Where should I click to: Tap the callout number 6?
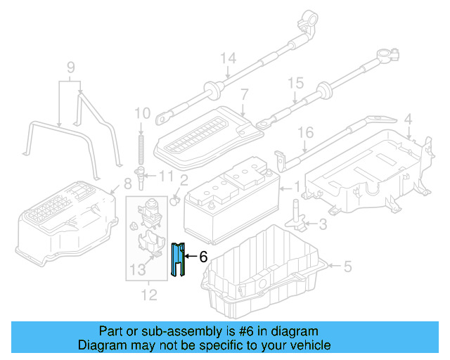tap(203, 257)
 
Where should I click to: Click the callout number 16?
tap(304, 132)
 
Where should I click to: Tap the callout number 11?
tap(165, 175)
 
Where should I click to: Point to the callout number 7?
tap(244, 94)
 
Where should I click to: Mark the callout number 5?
tap(346, 266)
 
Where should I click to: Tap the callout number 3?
tap(322, 225)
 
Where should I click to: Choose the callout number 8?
tap(127, 184)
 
